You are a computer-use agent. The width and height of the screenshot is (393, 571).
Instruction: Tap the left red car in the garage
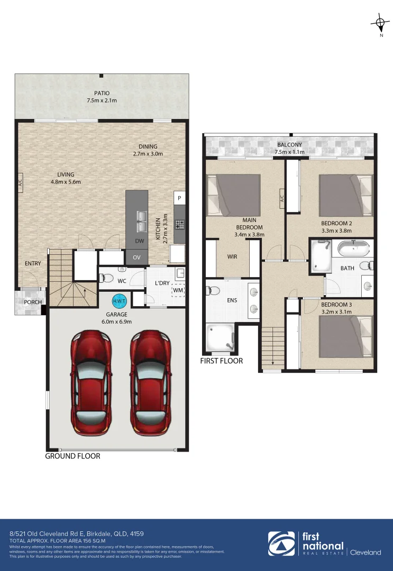(92, 381)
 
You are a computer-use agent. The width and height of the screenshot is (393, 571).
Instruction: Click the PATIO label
(102, 93)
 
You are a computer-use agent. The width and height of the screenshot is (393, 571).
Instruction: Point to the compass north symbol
(380, 23)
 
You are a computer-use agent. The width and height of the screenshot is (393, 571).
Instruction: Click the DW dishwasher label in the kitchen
(140, 241)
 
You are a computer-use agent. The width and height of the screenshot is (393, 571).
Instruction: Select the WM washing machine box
(178, 290)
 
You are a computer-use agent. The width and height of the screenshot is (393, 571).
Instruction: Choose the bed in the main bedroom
(233, 195)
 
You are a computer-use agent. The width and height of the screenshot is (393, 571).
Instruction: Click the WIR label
(232, 256)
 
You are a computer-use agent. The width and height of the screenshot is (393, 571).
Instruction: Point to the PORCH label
(33, 302)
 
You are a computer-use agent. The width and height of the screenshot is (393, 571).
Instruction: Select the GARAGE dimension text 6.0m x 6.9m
(116, 321)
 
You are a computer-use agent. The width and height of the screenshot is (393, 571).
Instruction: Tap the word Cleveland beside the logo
(366, 552)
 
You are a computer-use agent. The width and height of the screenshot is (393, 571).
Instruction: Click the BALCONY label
(289, 144)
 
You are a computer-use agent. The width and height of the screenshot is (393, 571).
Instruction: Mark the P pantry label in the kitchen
(180, 198)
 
